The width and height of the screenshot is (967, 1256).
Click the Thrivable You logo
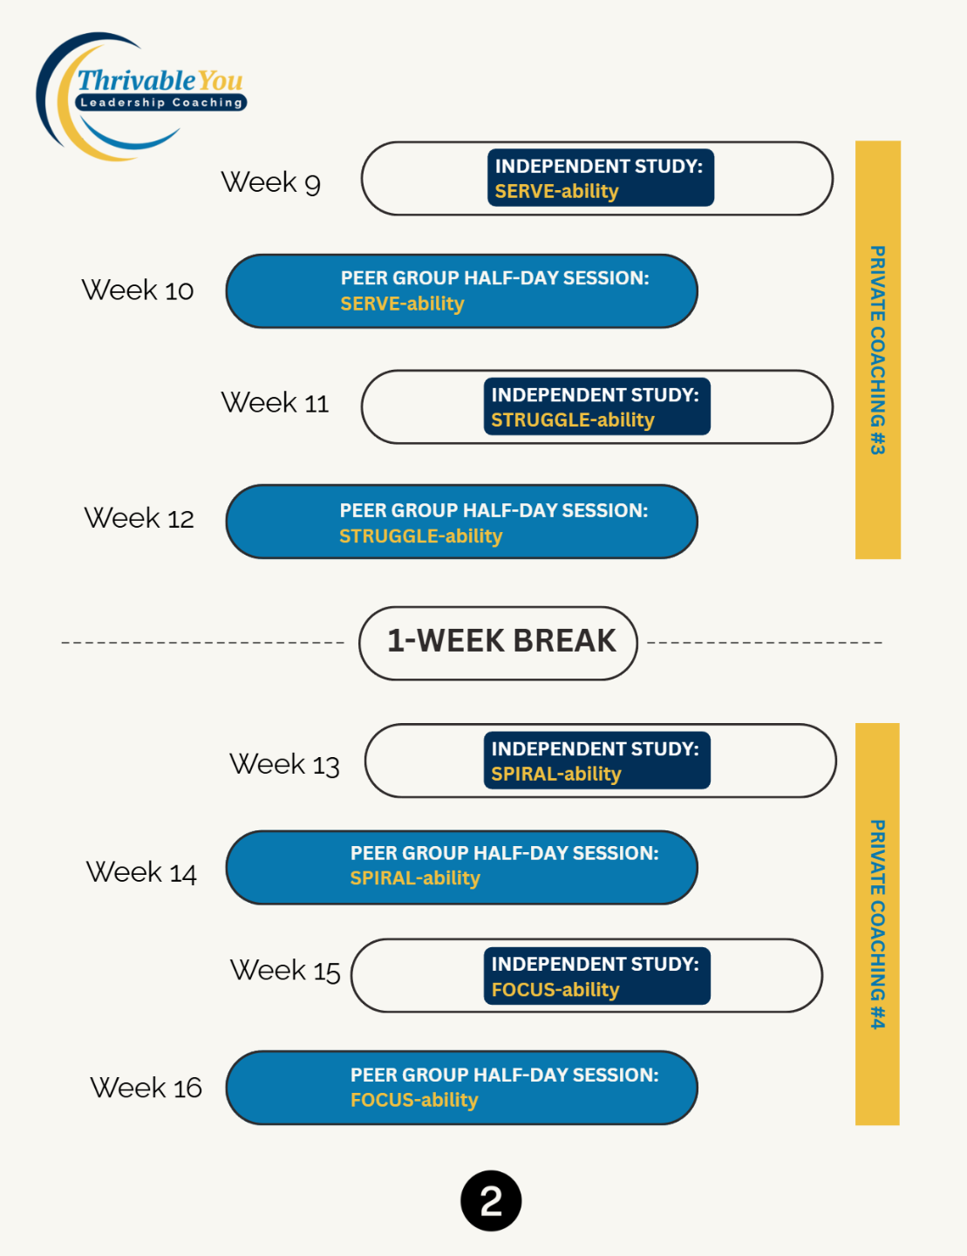tap(141, 96)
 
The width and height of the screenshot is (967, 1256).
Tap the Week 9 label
tap(270, 182)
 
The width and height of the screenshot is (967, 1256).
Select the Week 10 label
tap(138, 290)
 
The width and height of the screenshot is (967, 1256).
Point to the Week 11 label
tap(275, 403)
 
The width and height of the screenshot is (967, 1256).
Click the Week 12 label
tap(140, 518)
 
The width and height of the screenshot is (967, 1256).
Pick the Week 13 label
tap(284, 764)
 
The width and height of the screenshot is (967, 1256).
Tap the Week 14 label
tap(141, 872)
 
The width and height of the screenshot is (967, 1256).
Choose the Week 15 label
tap(285, 971)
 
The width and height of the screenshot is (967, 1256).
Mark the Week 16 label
tap(146, 1088)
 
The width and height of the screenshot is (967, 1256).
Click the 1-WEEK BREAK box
tap(499, 643)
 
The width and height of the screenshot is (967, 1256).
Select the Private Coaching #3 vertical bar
tap(877, 349)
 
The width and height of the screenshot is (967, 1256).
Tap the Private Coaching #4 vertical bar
tap(877, 924)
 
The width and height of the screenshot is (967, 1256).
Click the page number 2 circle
tap(491, 1201)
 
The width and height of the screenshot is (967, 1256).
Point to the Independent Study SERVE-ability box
tap(600, 178)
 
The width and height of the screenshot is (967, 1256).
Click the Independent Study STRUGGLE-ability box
tap(596, 406)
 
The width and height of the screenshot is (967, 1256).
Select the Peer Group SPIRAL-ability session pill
tap(461, 867)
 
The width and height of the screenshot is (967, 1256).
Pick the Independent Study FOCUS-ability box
tap(596, 976)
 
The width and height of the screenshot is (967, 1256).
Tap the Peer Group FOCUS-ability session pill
tap(461, 1088)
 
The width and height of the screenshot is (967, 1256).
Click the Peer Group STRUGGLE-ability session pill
tap(461, 522)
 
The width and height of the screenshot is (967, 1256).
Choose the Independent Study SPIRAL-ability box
tap(596, 761)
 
